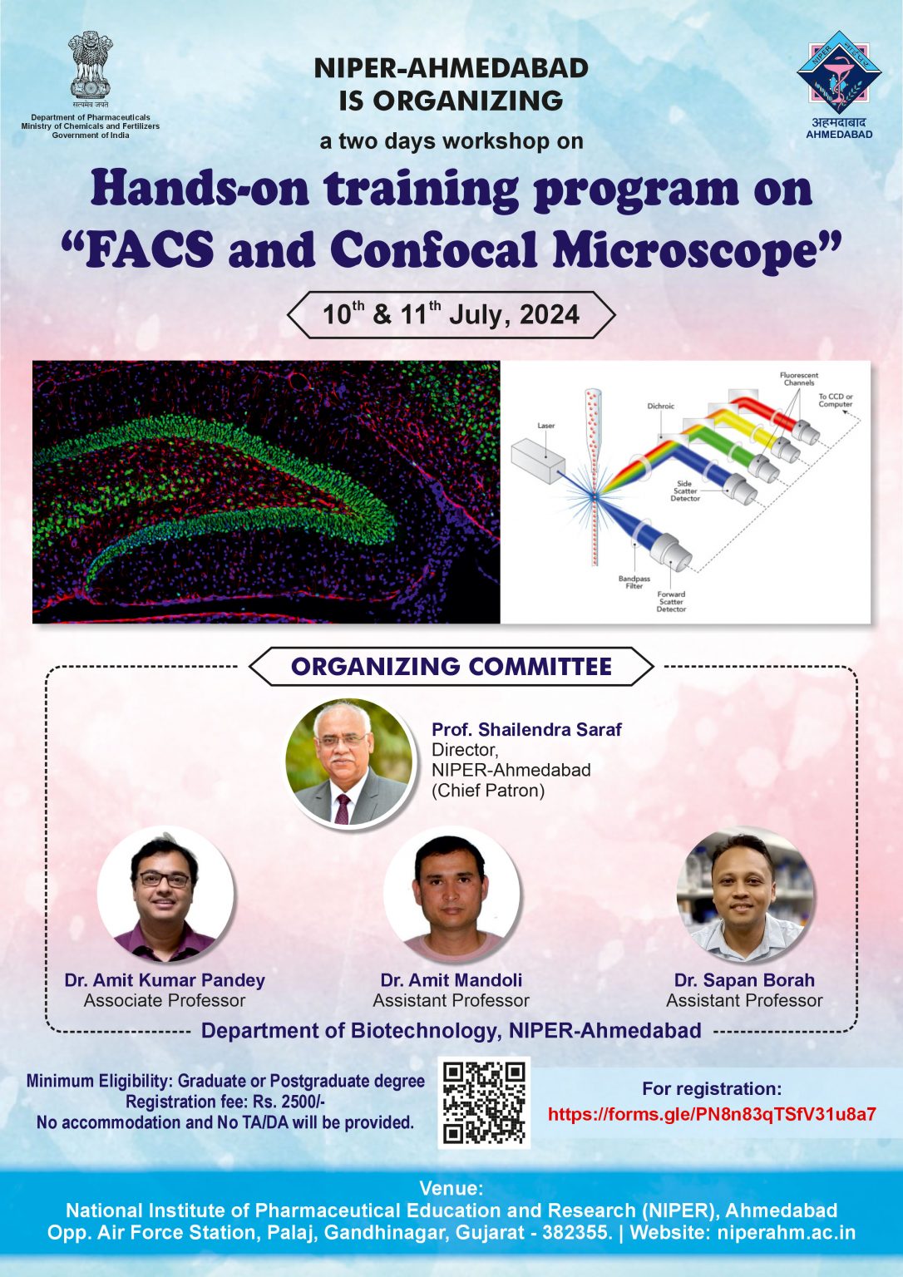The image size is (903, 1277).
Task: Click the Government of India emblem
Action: coord(90,67)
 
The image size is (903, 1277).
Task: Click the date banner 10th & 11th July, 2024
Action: coord(451,315)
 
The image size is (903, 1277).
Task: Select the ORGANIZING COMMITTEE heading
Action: coord(451,667)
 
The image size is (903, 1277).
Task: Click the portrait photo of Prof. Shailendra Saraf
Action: coord(349,762)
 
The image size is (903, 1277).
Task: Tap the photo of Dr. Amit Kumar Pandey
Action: coord(165,895)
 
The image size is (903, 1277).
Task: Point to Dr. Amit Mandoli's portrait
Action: coord(451,895)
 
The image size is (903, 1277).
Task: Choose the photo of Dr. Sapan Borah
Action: coord(744,895)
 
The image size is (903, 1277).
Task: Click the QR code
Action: coord(484,1102)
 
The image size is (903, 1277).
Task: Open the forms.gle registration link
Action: coord(712,1115)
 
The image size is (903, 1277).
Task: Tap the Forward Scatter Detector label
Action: coord(671,601)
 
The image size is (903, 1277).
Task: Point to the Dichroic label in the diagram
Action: coord(661,407)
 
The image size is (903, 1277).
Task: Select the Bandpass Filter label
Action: coord(634,582)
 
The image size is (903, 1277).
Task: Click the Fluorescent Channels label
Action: coord(798,379)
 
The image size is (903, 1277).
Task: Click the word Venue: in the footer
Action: coord(451,1188)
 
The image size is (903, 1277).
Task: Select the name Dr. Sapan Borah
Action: coord(744,980)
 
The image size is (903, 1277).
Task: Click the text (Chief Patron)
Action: coord(488,791)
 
